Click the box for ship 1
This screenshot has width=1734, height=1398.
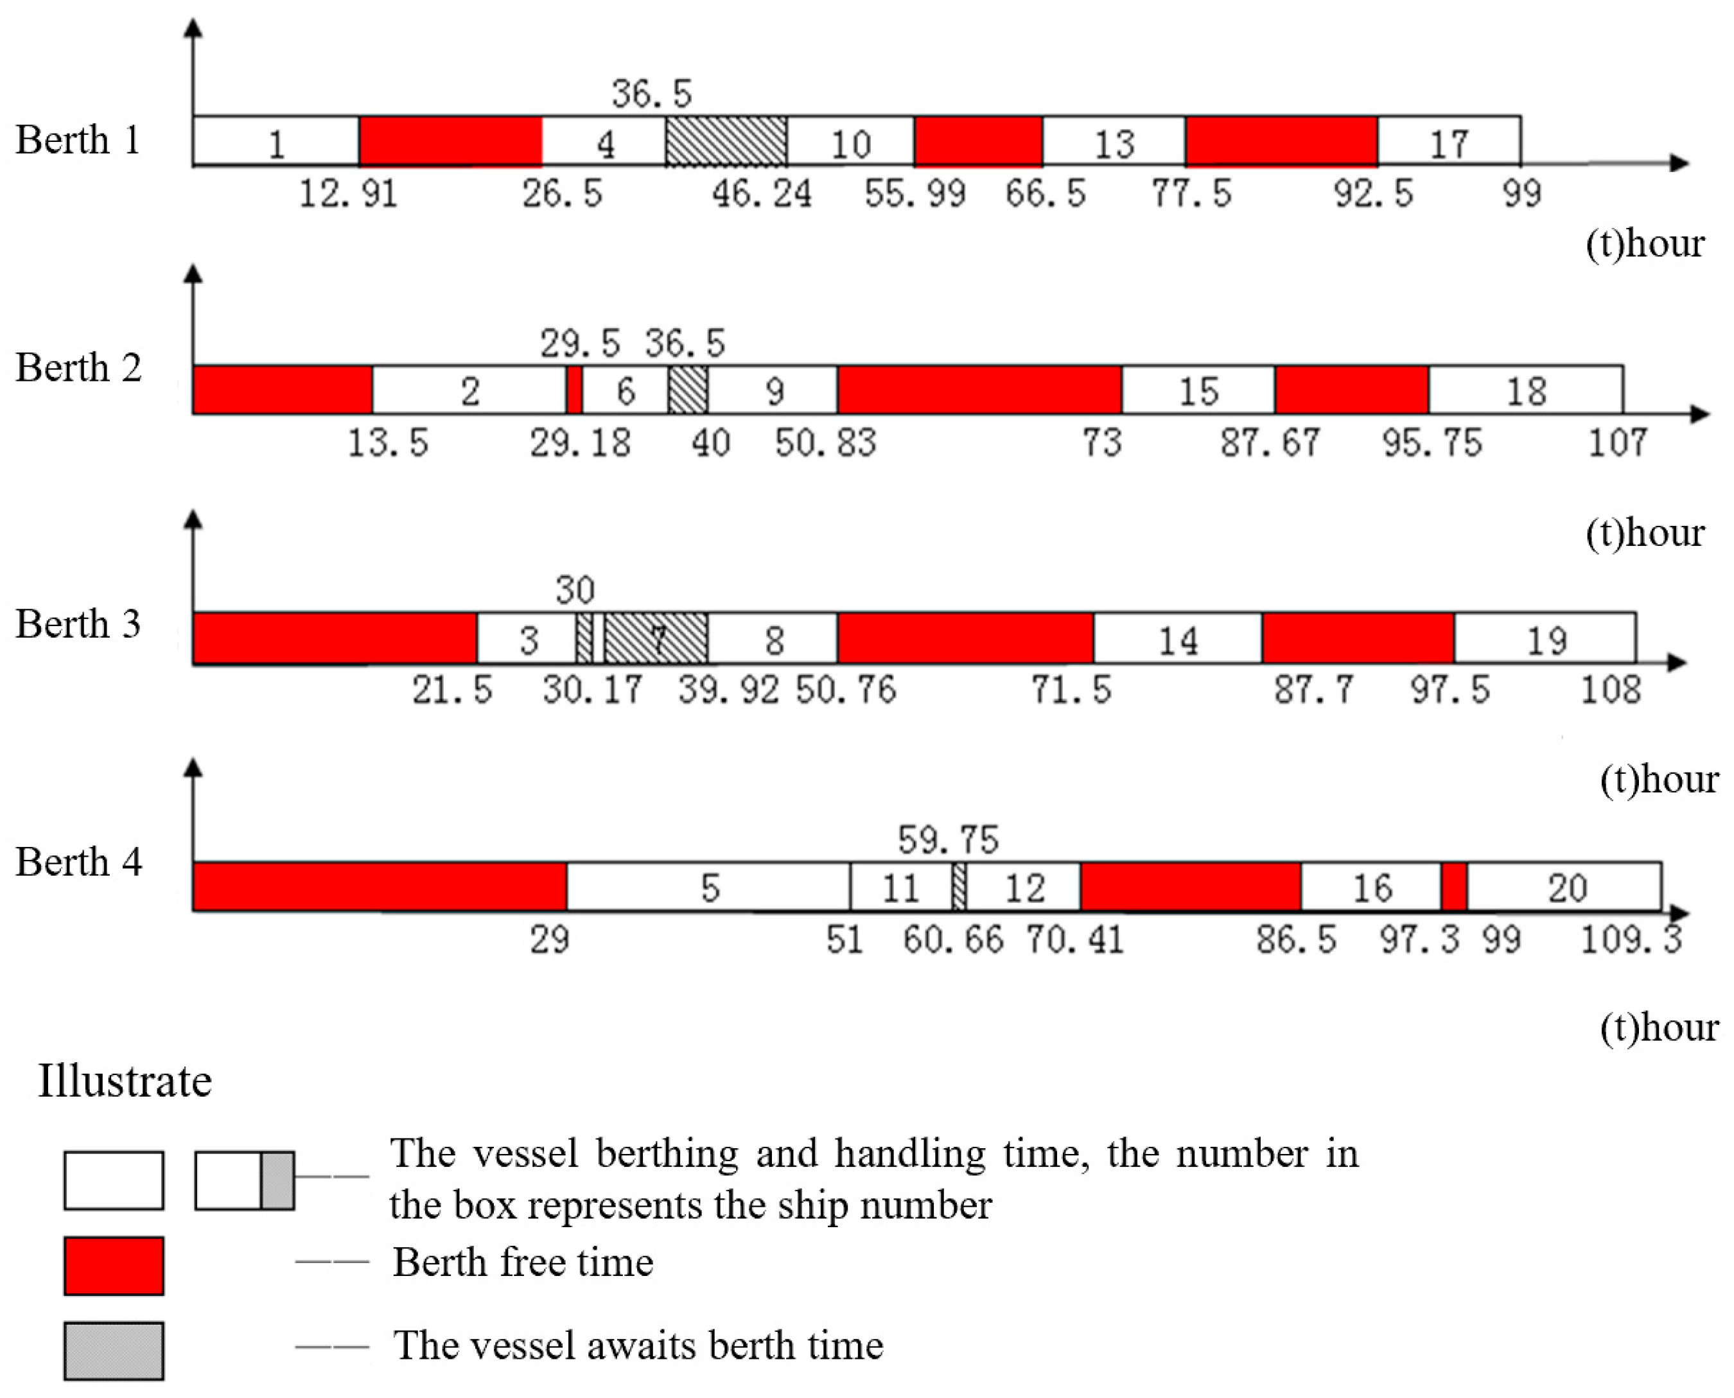pos(276,142)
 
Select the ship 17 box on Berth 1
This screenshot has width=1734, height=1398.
pos(1448,142)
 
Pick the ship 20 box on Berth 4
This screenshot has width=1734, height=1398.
pos(1563,887)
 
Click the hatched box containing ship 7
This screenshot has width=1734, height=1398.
pos(656,638)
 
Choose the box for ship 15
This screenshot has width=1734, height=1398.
pos(1198,390)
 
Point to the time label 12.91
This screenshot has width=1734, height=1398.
pos(348,194)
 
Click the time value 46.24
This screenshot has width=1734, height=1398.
pos(761,194)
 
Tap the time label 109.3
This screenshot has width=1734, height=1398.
pos(1631,939)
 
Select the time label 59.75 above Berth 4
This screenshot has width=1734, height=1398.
pos(948,840)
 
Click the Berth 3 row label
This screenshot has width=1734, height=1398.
pos(78,624)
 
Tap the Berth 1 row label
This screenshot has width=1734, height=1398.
pos(78,140)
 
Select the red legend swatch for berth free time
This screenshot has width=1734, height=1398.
pos(114,1266)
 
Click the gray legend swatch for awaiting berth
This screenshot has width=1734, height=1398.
pos(114,1351)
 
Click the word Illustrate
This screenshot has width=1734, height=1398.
pos(125,1081)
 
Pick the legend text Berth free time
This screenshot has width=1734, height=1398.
pos(523,1262)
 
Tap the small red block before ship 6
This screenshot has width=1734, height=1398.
pos(574,390)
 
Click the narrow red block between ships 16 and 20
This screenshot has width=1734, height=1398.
pos(1454,887)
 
